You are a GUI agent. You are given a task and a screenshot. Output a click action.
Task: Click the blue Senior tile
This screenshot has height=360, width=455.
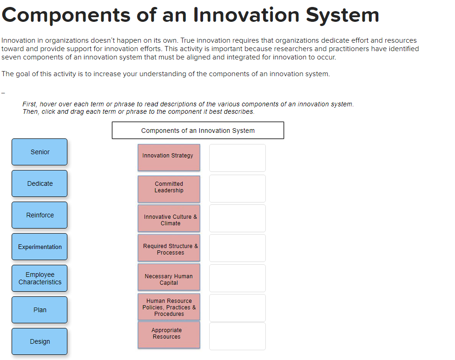pyautogui.click(x=40, y=152)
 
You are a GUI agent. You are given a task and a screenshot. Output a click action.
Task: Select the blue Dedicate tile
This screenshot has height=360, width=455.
pyautogui.click(x=40, y=183)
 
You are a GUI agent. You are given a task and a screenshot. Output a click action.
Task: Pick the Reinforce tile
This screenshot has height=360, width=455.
pyautogui.click(x=40, y=215)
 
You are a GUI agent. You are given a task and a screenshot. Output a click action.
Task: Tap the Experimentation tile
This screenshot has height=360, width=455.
pyautogui.click(x=40, y=247)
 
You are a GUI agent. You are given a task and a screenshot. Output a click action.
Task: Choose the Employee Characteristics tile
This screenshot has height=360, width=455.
pyautogui.click(x=40, y=278)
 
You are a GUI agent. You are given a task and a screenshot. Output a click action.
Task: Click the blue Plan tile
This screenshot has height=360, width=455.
pyautogui.click(x=40, y=310)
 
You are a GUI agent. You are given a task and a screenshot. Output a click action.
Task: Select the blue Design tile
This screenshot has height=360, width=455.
pyautogui.click(x=40, y=341)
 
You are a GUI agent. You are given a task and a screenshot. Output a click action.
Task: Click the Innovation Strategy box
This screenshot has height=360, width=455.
pyautogui.click(x=169, y=157)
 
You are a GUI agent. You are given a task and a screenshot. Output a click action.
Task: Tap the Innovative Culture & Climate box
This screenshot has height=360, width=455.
pyautogui.click(x=169, y=218)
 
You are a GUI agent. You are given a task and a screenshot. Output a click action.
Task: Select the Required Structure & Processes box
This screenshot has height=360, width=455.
pyautogui.click(x=169, y=248)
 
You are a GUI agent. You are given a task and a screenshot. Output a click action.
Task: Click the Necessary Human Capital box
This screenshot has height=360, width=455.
pyautogui.click(x=169, y=278)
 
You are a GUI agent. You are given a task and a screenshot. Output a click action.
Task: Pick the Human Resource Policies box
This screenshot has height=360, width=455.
pyautogui.click(x=169, y=307)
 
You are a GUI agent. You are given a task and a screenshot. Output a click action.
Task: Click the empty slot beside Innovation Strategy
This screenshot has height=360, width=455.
pyautogui.click(x=237, y=158)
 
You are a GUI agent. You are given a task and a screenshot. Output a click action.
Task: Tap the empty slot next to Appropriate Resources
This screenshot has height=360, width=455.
pyautogui.click(x=237, y=336)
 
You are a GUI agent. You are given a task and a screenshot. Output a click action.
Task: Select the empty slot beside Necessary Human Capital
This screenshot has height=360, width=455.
pyautogui.click(x=237, y=278)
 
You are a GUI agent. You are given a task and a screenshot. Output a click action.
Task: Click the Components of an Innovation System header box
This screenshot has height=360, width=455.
pyautogui.click(x=198, y=131)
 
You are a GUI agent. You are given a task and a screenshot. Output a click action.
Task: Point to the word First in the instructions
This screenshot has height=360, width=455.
pyautogui.click(x=30, y=104)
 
